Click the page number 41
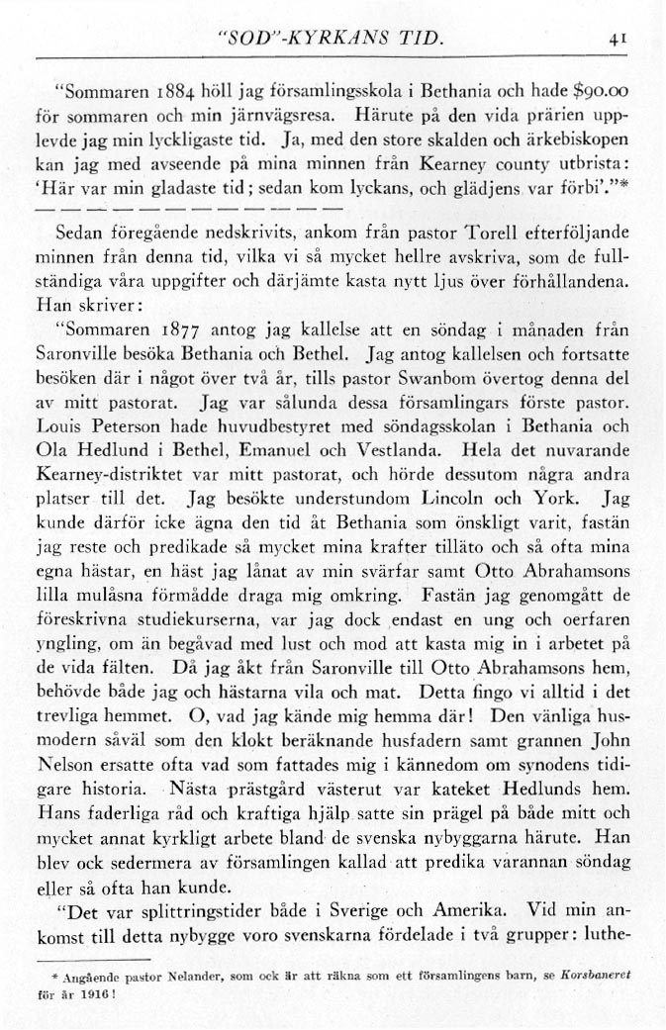[619, 42]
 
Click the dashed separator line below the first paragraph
[189, 210]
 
